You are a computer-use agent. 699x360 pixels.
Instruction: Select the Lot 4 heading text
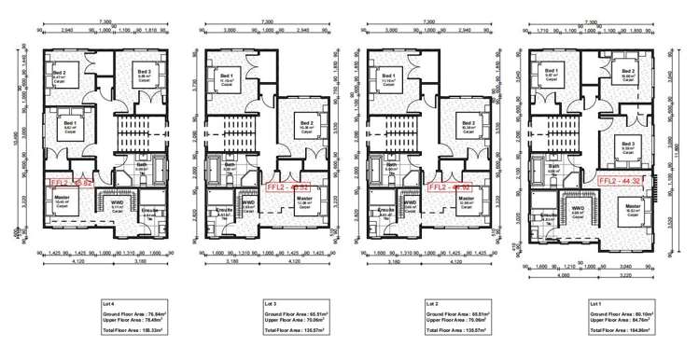110,304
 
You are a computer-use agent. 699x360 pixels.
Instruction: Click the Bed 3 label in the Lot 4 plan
144,74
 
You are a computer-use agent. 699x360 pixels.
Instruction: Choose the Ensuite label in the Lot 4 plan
148,211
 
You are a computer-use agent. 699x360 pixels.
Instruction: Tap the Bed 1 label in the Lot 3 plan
224,76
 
